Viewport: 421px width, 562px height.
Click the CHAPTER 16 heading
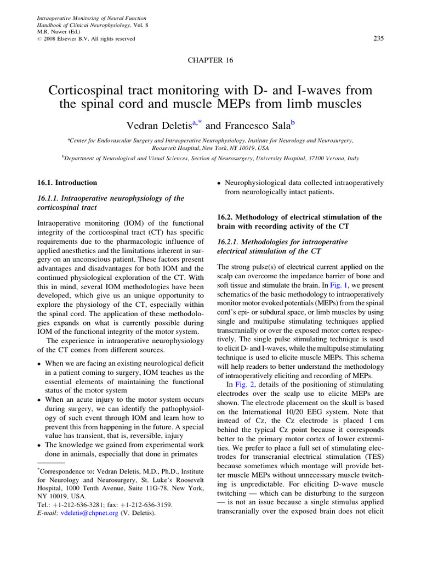[210, 60]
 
